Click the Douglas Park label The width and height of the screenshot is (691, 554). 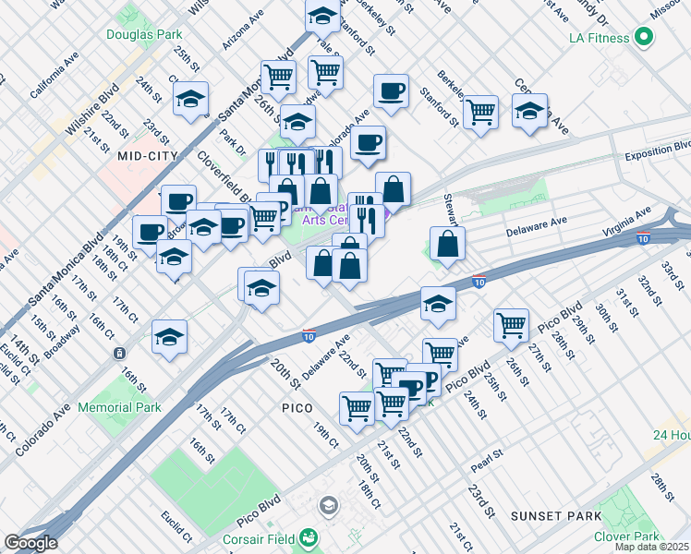pos(143,34)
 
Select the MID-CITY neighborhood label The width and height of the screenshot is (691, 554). pos(147,157)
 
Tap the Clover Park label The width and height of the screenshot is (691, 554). pos(628,536)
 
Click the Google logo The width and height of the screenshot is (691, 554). pos(30,543)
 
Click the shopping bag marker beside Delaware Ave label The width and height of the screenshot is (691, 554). pos(447,245)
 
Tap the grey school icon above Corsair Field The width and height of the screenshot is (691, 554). pos(328,505)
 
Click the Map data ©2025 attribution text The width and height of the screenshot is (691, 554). pos(652,547)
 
